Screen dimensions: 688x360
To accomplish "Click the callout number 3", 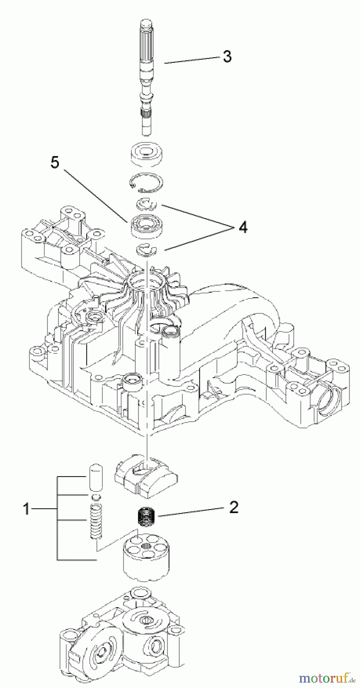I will pos(227,57).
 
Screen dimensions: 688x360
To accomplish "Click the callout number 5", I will pos(55,163).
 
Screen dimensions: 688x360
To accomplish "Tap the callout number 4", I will pos(243,228).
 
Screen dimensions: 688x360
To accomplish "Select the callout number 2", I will pos(234,507).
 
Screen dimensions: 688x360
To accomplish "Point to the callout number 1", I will pos(26,509).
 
